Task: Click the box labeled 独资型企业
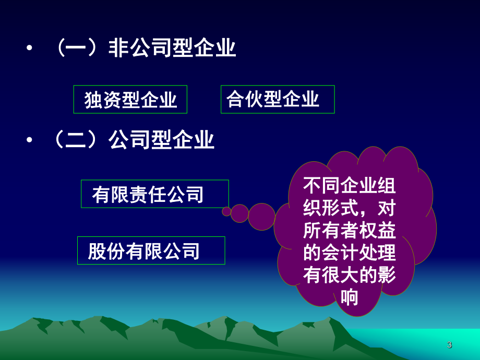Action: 130,99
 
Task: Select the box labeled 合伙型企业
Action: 278,99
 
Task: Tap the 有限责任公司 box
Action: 154,194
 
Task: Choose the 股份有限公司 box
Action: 151,250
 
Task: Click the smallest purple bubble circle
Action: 226,211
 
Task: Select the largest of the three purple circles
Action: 261,217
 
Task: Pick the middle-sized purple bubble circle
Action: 240,213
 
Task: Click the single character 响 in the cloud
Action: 349,298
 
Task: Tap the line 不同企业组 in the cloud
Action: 349,186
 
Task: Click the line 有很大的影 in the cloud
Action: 349,275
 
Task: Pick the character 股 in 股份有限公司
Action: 98,251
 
